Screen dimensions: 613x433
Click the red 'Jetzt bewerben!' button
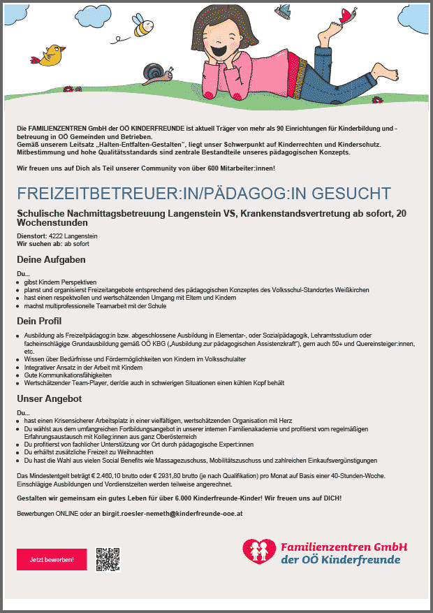click(x=51, y=560)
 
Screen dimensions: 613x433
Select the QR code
click(x=108, y=559)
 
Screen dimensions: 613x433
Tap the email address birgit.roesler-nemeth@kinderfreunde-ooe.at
click(x=181, y=514)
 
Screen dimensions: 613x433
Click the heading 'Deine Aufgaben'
click(x=51, y=259)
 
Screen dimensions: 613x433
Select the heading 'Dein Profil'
click(x=39, y=321)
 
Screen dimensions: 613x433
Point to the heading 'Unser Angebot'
click(x=50, y=399)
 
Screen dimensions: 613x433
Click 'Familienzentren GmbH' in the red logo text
click(x=344, y=547)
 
